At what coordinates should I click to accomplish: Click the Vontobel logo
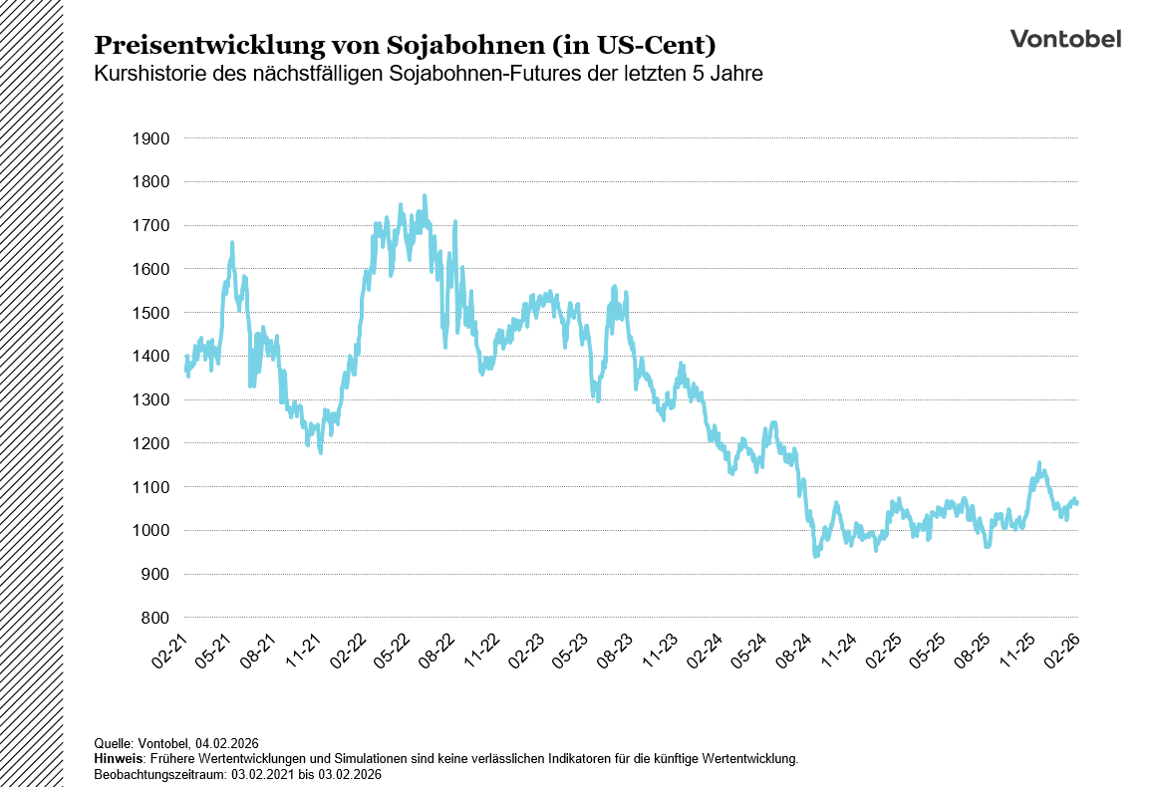(x=1065, y=39)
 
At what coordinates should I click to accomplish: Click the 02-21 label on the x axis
(x=169, y=649)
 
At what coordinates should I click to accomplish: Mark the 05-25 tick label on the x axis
(x=929, y=649)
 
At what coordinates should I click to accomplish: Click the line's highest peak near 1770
(x=425, y=196)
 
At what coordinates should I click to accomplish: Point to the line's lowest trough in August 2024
(x=816, y=554)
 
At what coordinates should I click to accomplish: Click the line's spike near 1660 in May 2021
(x=232, y=243)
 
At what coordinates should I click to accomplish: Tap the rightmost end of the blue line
(x=1077, y=503)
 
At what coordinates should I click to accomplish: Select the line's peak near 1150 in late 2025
(x=1039, y=464)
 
